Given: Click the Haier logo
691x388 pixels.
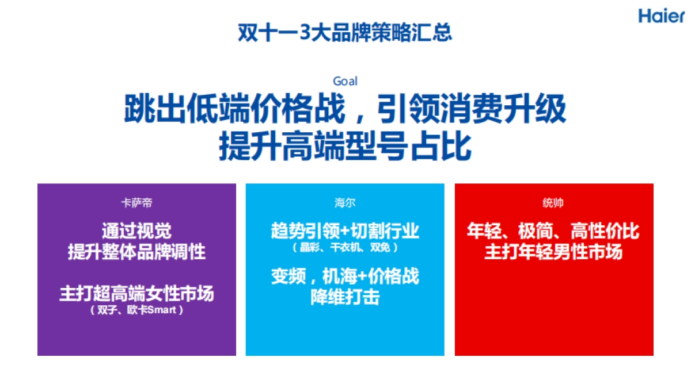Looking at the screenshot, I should tap(661, 16).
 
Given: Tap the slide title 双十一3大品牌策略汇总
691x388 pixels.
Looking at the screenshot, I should tap(345, 32).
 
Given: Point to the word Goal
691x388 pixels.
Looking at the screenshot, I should tap(345, 81).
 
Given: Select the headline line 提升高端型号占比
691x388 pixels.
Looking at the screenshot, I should tap(345, 147).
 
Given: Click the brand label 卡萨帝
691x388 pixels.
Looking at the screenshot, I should tap(136, 203).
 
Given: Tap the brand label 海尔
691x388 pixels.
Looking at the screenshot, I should tap(345, 203).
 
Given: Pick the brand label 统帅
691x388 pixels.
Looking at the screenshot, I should tap(553, 203).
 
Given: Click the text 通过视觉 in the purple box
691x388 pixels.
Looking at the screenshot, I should tap(136, 231).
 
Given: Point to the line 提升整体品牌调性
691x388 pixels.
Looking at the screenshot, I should tap(136, 252).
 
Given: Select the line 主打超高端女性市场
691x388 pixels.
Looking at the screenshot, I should tap(136, 293).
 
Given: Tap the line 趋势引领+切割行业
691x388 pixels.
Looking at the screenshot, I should tap(345, 231).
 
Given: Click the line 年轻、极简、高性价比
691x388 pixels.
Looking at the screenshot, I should tap(553, 231).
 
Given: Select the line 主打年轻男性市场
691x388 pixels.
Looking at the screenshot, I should tap(553, 252).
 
